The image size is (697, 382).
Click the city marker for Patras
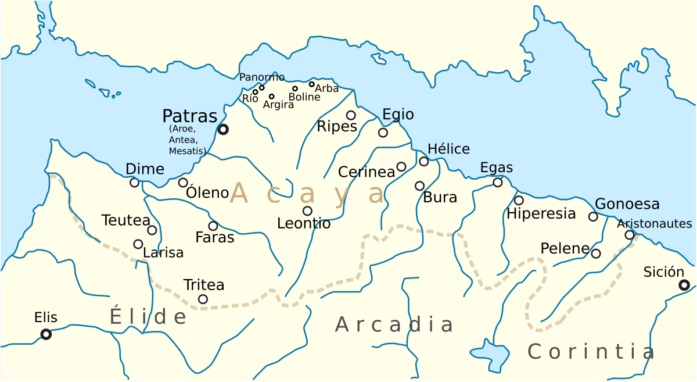[222, 130]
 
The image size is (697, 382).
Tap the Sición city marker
[684, 285]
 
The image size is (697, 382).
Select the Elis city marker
[46, 334]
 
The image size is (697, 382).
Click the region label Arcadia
[394, 324]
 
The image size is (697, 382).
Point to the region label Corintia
[591, 351]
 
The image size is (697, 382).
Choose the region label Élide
[148, 316]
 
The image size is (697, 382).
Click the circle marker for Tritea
[203, 299]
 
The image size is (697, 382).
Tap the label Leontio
[304, 223]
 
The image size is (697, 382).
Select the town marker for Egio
[383, 133]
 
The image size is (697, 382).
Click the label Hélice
[448, 149]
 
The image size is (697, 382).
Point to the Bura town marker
[419, 186]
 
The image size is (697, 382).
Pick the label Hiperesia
[541, 214]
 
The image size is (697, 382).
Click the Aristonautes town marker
[629, 235]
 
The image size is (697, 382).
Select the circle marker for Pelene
[596, 254]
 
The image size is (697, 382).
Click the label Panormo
[262, 77]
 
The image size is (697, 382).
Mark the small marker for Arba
[311, 84]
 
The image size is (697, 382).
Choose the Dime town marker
[134, 183]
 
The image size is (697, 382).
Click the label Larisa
[163, 253]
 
